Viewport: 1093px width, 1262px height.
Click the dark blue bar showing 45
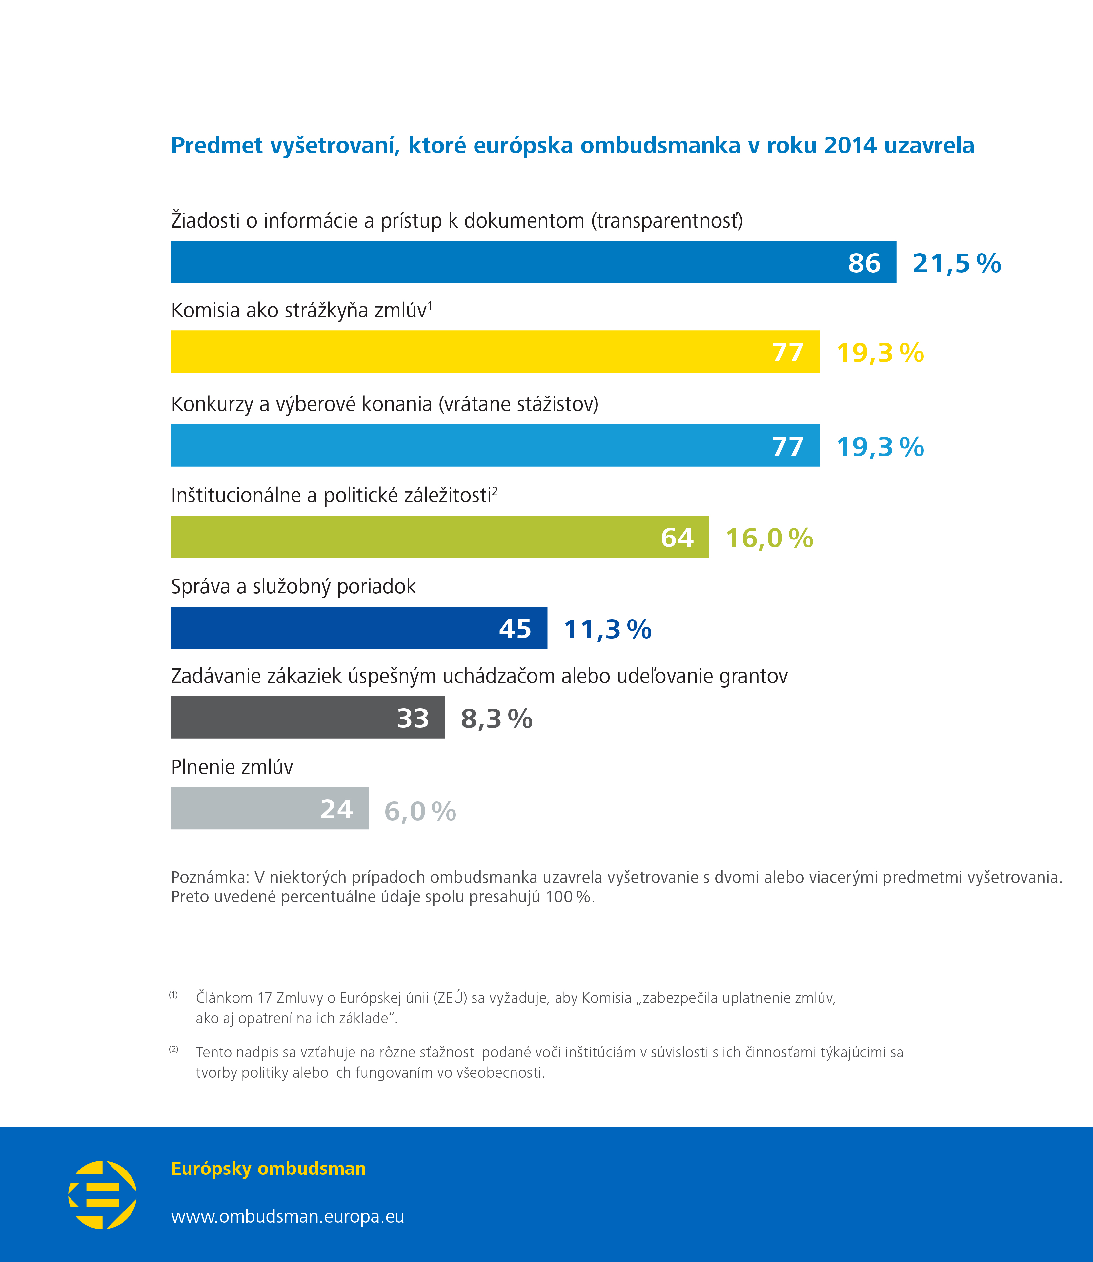(359, 628)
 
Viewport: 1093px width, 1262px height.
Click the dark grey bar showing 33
(307, 717)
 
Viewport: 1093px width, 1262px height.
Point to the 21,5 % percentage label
(956, 263)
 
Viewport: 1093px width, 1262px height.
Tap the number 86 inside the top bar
(864, 263)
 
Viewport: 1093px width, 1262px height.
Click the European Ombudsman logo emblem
(102, 1195)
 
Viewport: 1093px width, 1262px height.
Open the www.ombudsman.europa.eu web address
(287, 1216)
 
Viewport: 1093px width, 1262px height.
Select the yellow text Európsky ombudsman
(268, 1169)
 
